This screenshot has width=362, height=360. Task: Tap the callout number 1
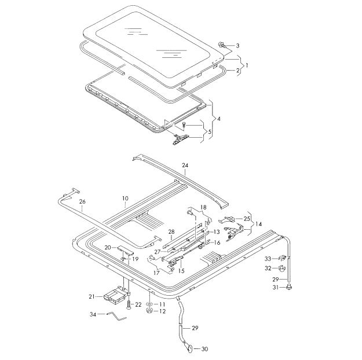pos(247,65)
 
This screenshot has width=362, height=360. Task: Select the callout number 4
pos(218,119)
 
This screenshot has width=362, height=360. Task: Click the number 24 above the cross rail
pos(185,165)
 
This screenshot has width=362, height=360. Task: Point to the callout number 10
pos(125,199)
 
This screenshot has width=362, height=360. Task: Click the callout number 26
pos(82,201)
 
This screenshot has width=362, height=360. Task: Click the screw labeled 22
pos(129,304)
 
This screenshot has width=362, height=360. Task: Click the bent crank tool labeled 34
pos(116,317)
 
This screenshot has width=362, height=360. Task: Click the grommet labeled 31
pos(288,287)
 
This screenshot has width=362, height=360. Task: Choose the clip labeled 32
pos(282,268)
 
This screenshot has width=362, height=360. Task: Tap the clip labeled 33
pos(281,258)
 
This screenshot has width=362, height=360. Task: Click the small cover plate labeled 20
pos(125,250)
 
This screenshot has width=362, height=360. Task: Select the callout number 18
pos(203,207)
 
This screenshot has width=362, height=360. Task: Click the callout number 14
pos(258,224)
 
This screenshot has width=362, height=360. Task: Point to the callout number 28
pos(171,232)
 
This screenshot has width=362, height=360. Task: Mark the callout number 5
pos(210,132)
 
